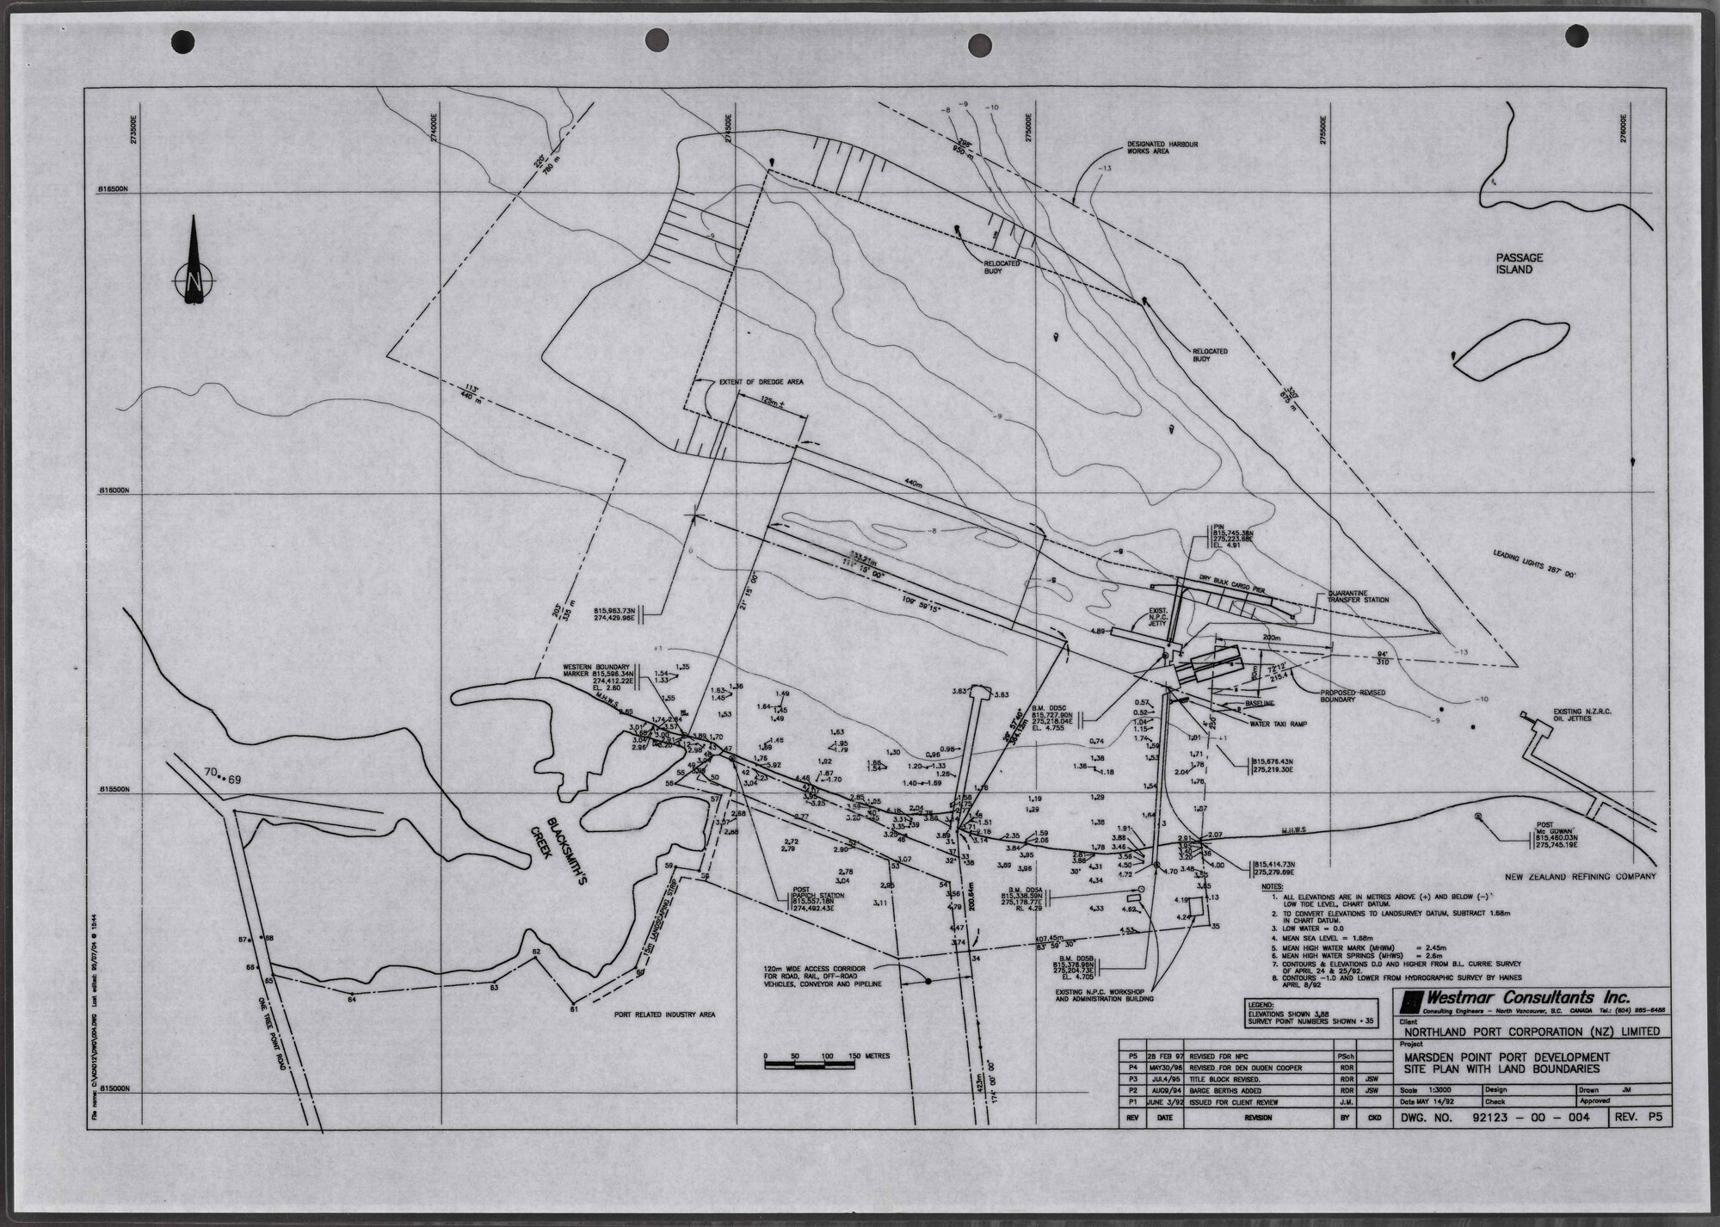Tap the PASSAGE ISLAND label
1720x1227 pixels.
click(1519, 263)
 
